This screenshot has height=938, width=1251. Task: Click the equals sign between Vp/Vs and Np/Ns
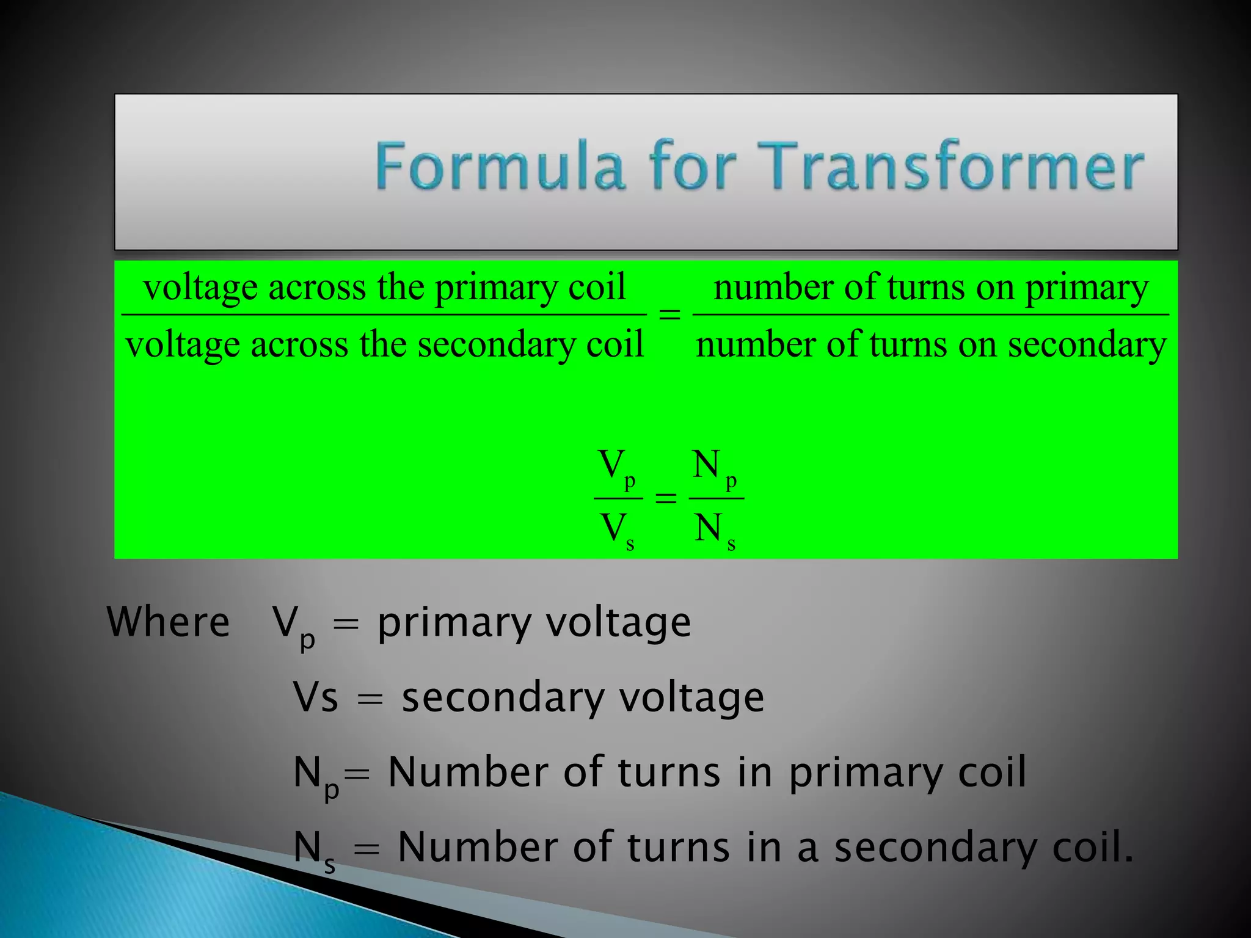click(x=666, y=498)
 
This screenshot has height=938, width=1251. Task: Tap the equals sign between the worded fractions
click(x=669, y=314)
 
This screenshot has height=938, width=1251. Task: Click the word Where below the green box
click(x=169, y=622)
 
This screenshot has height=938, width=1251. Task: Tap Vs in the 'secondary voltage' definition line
click(x=315, y=697)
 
